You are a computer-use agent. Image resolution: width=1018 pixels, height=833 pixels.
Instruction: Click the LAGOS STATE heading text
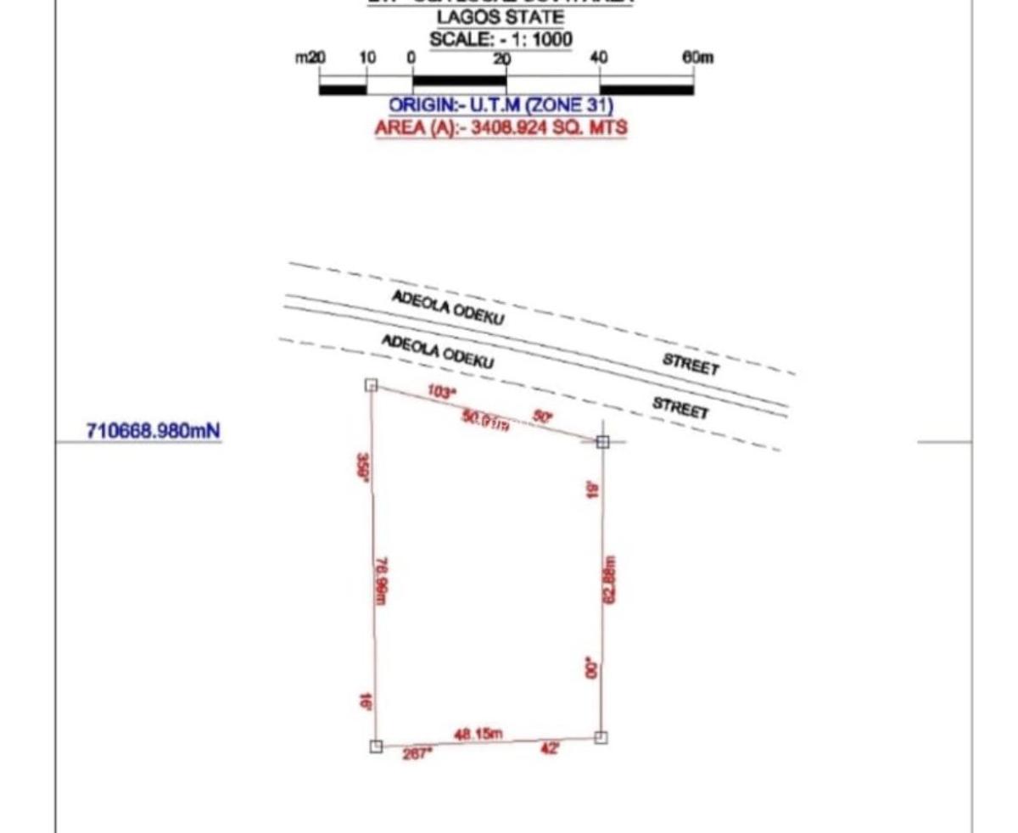click(501, 17)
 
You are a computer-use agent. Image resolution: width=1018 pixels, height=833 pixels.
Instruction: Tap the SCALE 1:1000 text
click(501, 39)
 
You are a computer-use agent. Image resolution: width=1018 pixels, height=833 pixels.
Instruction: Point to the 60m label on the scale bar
click(698, 58)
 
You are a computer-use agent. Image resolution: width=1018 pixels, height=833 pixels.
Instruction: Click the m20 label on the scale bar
click(310, 58)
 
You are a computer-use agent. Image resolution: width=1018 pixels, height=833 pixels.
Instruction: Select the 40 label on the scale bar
click(599, 58)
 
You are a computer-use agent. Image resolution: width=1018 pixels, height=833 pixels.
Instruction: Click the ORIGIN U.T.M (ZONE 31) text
click(501, 106)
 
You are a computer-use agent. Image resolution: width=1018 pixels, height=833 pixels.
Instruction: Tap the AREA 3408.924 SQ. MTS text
click(501, 128)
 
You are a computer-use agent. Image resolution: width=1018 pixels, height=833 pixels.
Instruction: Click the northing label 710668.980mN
click(154, 431)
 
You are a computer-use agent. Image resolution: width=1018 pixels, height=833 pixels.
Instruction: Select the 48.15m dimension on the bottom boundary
click(478, 733)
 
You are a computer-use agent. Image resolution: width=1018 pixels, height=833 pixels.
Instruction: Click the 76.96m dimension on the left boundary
click(381, 581)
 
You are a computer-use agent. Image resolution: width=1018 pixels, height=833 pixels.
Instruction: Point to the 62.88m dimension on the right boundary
click(608, 579)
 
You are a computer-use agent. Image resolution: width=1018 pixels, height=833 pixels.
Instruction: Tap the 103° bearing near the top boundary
click(441, 393)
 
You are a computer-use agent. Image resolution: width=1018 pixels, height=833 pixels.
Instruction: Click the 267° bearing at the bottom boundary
click(417, 752)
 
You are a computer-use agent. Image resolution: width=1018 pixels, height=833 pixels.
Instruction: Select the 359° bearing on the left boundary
click(363, 468)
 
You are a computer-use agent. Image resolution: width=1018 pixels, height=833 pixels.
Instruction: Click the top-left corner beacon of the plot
click(371, 385)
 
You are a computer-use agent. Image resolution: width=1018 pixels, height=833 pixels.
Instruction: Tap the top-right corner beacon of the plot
click(602, 442)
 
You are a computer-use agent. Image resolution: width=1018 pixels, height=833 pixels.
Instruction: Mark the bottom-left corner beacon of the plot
click(376, 746)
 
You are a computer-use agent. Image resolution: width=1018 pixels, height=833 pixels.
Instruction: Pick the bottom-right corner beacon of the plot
click(601, 737)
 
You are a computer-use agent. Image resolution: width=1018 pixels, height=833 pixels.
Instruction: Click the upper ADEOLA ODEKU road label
click(447, 308)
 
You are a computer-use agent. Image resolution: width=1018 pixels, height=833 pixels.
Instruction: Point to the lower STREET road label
click(680, 407)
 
